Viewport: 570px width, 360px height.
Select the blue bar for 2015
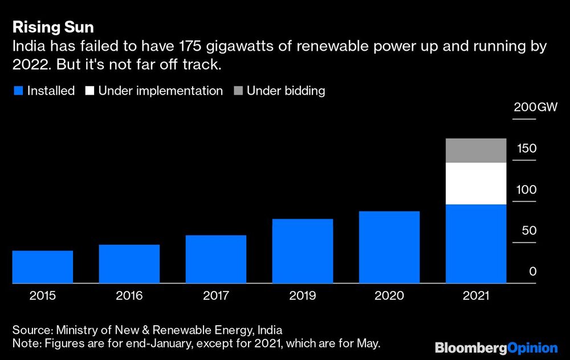click(43, 267)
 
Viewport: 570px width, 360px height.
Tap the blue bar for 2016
click(129, 264)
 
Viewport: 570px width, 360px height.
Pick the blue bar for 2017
click(216, 259)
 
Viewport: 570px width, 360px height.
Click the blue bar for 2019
click(303, 251)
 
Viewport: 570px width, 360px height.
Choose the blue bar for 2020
click(389, 247)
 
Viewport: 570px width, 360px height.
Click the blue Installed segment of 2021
click(476, 244)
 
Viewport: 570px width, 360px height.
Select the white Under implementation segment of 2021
click(476, 183)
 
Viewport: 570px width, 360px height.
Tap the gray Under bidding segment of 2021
click(476, 150)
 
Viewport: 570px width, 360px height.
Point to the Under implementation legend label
click(160, 91)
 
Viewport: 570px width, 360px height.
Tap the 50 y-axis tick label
click(529, 231)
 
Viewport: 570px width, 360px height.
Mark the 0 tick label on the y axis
click(533, 272)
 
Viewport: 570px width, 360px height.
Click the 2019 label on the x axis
click(303, 296)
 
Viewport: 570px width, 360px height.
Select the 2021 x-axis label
click(476, 296)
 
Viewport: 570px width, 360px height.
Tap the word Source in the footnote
click(30, 330)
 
